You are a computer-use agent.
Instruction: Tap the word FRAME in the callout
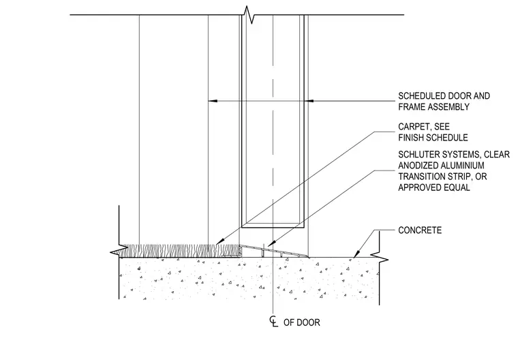[x=412, y=107]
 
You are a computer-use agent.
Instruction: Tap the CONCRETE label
[x=420, y=230]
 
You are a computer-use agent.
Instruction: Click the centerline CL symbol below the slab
[x=273, y=321]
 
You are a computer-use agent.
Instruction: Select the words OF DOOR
[x=302, y=322]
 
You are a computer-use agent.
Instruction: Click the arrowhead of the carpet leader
[x=219, y=242]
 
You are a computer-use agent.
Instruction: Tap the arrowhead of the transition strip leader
[x=271, y=244]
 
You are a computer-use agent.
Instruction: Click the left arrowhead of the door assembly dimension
[x=213, y=100]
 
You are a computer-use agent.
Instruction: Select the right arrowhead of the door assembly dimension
[x=309, y=100]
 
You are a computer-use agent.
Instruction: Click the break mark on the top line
[x=249, y=14]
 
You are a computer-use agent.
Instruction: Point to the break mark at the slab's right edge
[x=379, y=258]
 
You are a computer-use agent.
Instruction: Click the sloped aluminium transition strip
[x=274, y=251]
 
